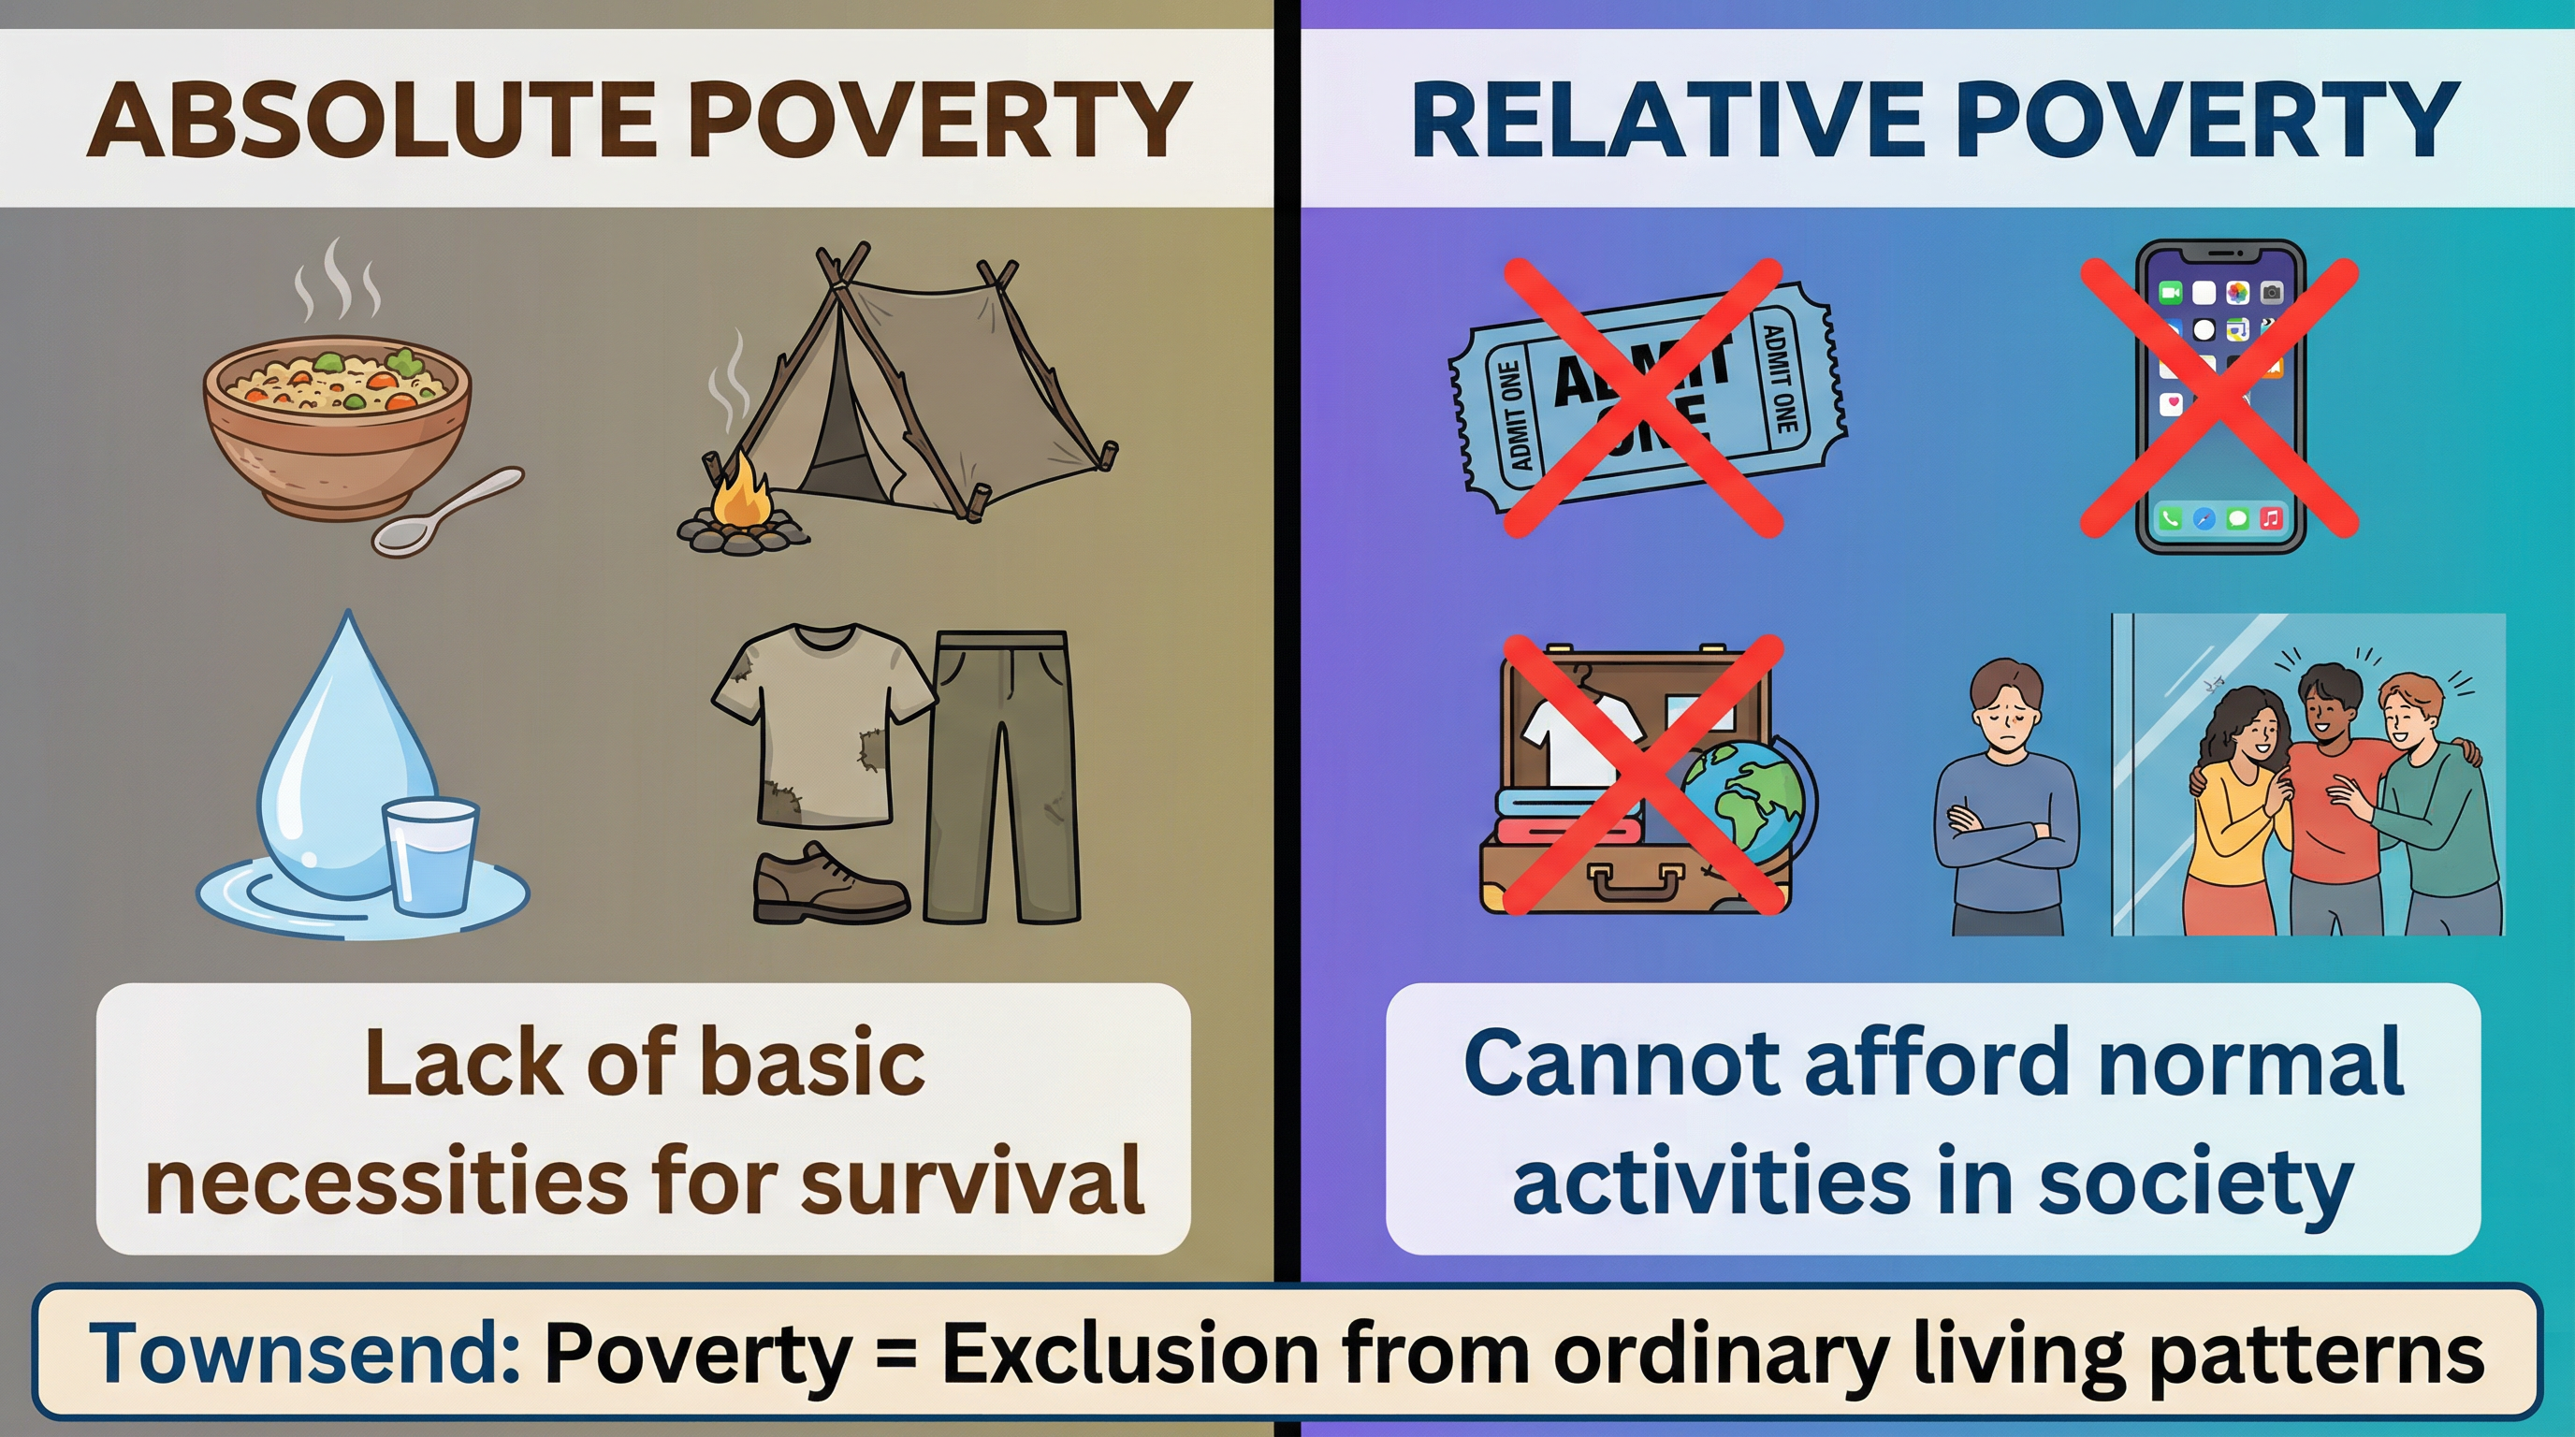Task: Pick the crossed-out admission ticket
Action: pyautogui.click(x=1644, y=399)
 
